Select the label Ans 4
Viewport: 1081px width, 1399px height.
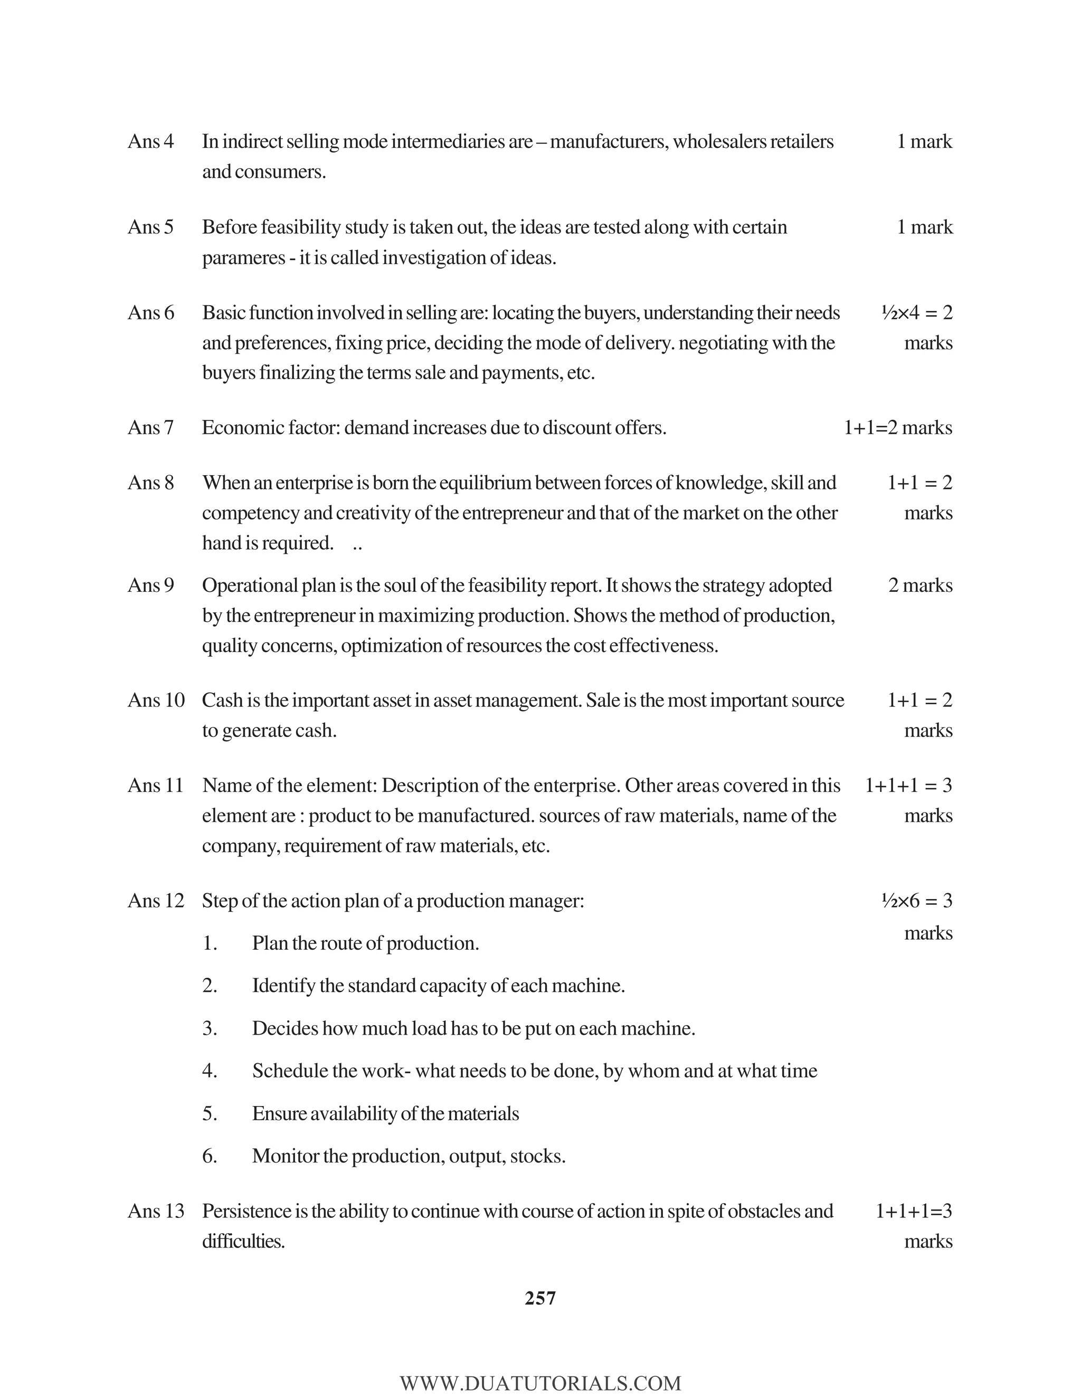click(x=150, y=141)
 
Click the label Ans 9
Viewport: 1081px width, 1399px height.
click(x=150, y=585)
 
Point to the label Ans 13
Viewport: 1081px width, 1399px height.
click(x=156, y=1211)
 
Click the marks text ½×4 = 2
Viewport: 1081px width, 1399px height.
click(x=916, y=313)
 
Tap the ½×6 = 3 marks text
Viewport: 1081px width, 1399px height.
click(x=916, y=901)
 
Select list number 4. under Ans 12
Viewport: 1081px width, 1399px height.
click(x=210, y=1071)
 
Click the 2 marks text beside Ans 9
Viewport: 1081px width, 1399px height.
click(x=920, y=585)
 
